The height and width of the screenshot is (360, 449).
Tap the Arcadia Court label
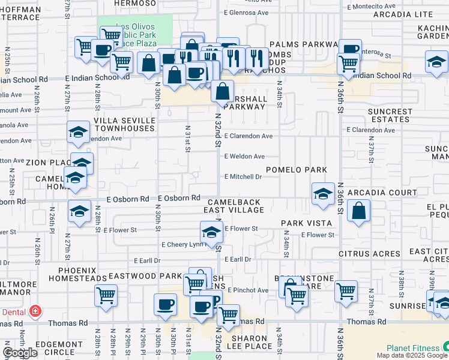click(389, 193)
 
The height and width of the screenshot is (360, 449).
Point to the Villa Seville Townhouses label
click(124, 125)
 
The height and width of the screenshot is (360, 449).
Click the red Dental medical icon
click(35, 311)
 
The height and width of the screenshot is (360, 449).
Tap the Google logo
click(20, 353)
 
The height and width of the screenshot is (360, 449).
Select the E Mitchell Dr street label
click(243, 177)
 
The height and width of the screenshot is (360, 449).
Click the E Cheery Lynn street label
click(184, 245)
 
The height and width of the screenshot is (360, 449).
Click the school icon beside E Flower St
click(211, 232)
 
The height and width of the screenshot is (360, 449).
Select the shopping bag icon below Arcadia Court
click(358, 211)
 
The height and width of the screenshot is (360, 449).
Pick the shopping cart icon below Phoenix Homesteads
click(106, 295)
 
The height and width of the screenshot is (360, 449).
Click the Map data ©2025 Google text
click(412, 355)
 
